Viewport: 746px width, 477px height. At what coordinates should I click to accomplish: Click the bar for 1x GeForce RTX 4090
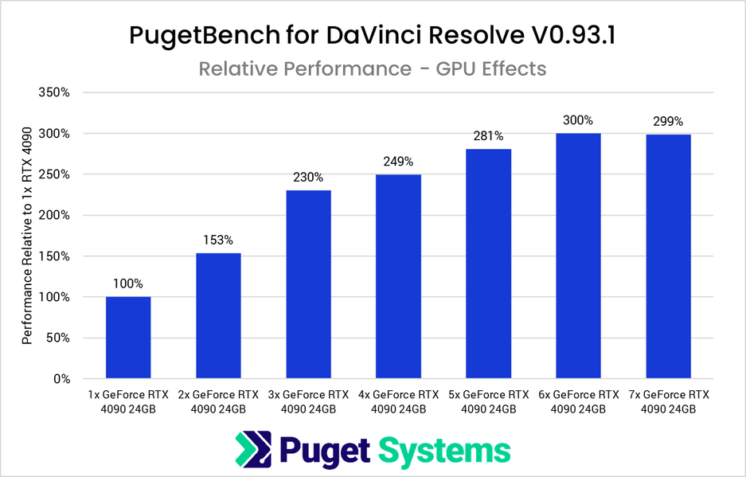click(x=128, y=338)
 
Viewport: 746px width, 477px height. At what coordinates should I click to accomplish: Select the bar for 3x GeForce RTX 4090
click(x=308, y=284)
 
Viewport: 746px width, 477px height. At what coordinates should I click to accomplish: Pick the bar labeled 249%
click(x=398, y=276)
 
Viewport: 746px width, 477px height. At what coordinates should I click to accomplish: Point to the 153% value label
click(x=218, y=240)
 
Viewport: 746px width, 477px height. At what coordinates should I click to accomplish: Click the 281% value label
click(x=488, y=136)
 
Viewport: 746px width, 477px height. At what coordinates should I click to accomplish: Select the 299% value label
click(x=668, y=122)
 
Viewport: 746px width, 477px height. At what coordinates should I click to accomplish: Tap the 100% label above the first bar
click(x=128, y=283)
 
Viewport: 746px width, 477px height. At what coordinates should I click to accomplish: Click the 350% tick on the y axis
click(x=54, y=93)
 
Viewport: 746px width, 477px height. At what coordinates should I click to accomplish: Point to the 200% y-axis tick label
click(x=54, y=216)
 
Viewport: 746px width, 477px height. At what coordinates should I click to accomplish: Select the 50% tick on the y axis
click(x=57, y=338)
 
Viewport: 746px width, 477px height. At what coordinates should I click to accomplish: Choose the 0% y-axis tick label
click(x=61, y=379)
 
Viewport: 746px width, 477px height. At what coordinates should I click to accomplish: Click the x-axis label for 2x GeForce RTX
click(x=218, y=401)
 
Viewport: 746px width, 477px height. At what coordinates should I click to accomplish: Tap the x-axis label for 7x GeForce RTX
click(x=668, y=401)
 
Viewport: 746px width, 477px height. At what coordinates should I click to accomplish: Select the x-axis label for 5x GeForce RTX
click(x=488, y=401)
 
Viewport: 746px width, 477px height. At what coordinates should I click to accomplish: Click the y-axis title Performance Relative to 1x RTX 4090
click(x=27, y=236)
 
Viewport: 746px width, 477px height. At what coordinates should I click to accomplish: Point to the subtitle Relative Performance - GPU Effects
click(x=373, y=68)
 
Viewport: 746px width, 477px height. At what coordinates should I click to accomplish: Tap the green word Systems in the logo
click(x=443, y=451)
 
